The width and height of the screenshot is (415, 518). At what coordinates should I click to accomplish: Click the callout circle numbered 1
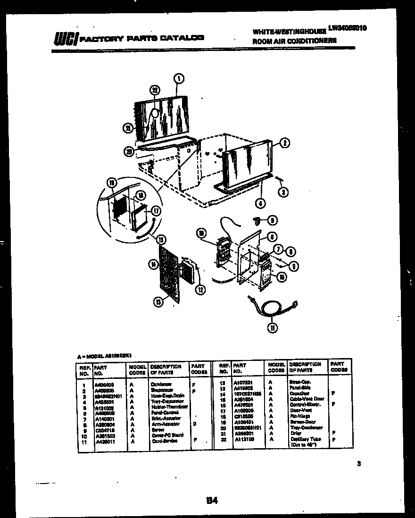pyautogui.click(x=179, y=79)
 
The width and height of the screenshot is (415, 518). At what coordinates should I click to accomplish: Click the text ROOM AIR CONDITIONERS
pyautogui.click(x=294, y=41)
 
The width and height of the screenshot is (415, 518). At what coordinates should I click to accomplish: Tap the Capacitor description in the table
pyautogui.click(x=299, y=393)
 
